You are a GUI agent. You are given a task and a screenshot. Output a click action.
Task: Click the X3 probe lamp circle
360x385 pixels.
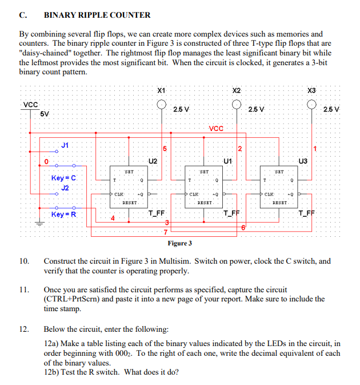[x=311, y=105]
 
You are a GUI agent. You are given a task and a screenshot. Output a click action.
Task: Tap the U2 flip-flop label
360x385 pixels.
[x=153, y=161]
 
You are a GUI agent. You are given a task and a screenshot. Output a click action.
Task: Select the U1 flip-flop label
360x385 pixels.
[x=228, y=161]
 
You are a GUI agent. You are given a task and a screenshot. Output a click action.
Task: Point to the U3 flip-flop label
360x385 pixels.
[x=303, y=161]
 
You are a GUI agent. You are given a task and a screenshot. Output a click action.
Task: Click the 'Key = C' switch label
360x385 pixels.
[x=63, y=178]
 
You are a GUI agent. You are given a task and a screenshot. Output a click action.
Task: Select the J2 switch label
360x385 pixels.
[x=65, y=187]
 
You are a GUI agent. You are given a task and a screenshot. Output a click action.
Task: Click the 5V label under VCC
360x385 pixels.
[x=45, y=113]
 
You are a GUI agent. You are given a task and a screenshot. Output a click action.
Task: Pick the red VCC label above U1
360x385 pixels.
[x=217, y=128]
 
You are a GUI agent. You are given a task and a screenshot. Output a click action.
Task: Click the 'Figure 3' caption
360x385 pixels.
[x=179, y=243]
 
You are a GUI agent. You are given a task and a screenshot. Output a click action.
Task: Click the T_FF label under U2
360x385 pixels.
[x=156, y=214]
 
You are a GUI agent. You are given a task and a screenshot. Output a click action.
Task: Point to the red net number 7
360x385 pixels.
[x=165, y=232]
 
